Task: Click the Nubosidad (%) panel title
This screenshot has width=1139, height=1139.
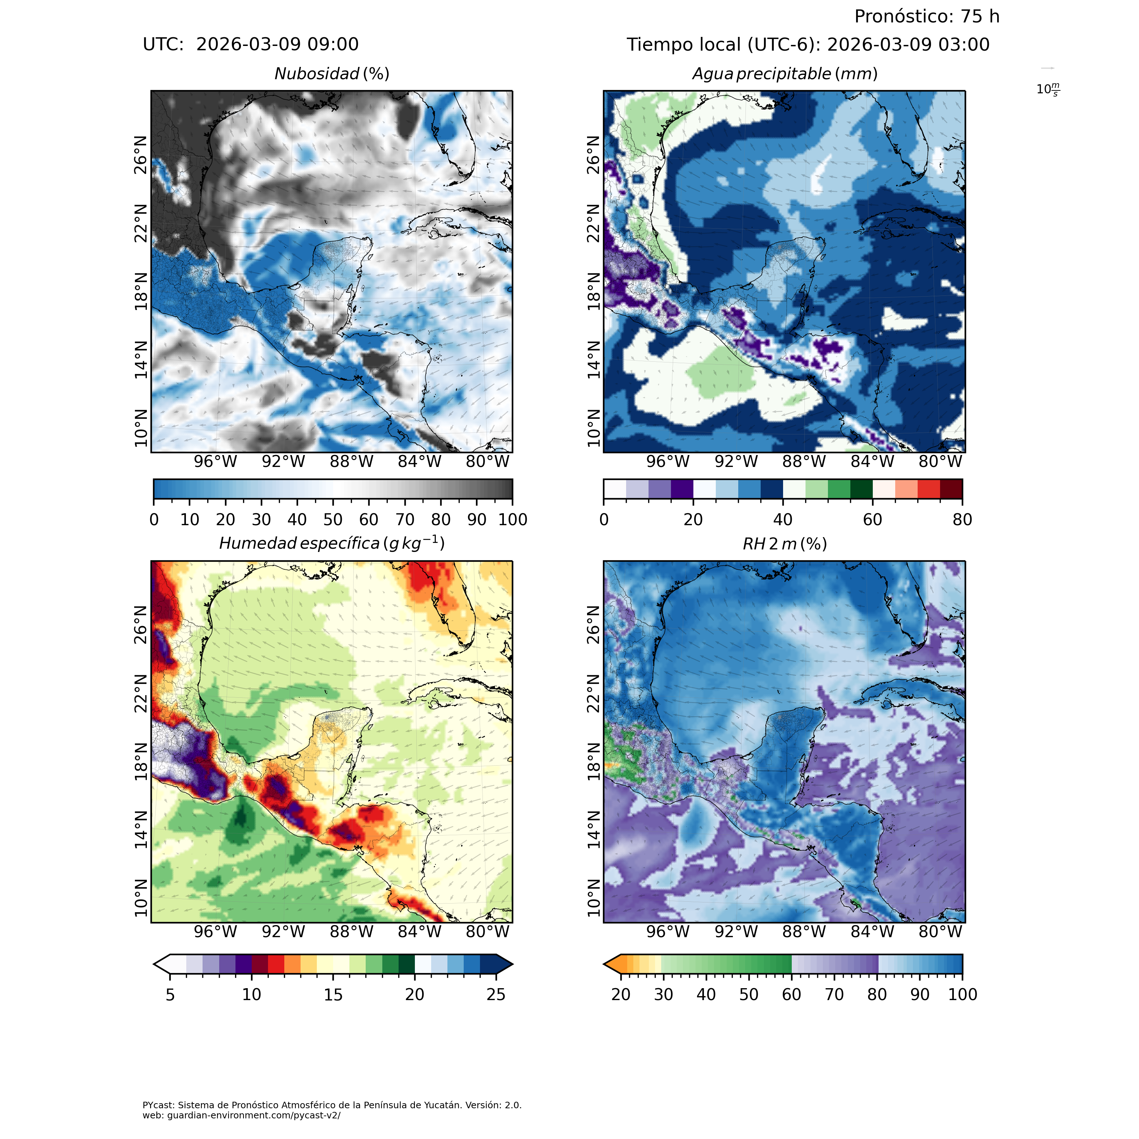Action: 332,74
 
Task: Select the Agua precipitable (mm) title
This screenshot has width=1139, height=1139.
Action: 785,74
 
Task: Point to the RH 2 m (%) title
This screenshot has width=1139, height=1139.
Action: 785,544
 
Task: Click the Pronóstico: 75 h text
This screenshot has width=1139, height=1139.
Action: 927,17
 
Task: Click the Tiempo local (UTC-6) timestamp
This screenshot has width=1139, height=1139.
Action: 808,45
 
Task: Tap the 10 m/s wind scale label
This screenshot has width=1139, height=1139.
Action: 1047,90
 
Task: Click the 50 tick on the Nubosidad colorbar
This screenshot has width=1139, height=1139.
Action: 333,519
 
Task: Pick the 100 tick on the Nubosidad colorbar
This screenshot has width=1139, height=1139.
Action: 512,519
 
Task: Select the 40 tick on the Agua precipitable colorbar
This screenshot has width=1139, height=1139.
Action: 783,519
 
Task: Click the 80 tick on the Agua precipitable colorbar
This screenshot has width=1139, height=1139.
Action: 962,519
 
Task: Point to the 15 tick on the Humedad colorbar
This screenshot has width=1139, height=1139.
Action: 333,995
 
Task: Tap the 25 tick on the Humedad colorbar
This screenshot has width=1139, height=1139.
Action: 496,995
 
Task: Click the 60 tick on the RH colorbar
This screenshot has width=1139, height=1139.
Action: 791,995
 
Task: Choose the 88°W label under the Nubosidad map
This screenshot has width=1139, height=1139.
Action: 351,462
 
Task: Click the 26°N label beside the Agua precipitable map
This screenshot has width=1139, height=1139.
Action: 594,155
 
